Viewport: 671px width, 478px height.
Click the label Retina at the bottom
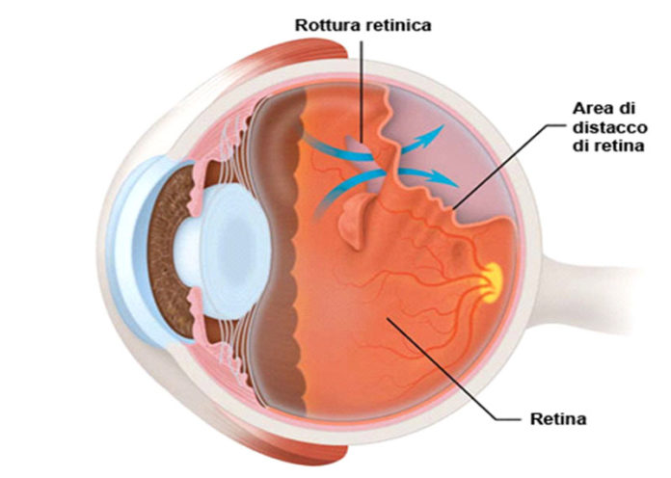(x=557, y=419)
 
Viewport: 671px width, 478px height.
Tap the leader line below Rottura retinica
(x=361, y=87)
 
